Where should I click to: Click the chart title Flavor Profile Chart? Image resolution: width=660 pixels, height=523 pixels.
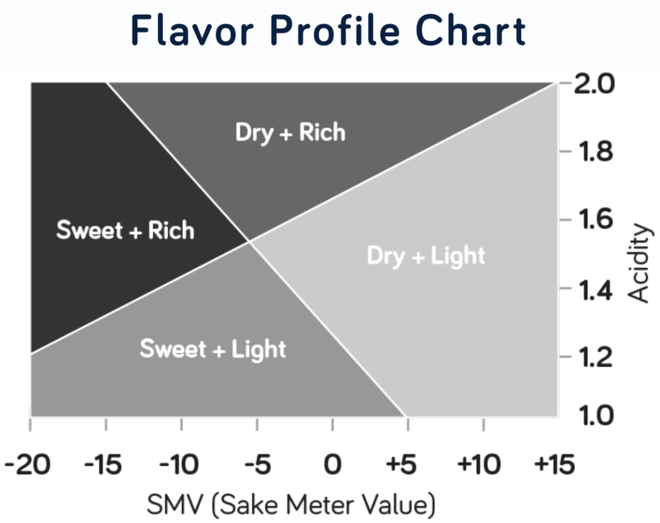click(x=329, y=31)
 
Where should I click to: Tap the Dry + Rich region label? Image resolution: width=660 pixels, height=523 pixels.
click(x=290, y=132)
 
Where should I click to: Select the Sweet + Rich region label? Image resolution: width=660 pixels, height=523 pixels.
click(x=125, y=230)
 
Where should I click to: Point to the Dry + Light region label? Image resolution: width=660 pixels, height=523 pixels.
click(x=426, y=255)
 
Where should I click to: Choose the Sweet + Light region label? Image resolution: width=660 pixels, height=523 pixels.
click(x=213, y=349)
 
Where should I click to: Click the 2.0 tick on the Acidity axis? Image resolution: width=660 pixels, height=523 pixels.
click(x=594, y=84)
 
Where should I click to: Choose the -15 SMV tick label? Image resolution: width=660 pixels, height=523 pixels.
click(x=104, y=464)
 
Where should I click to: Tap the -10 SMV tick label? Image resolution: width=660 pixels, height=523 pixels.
click(x=180, y=464)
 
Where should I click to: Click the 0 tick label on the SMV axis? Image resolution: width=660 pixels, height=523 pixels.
click(x=332, y=464)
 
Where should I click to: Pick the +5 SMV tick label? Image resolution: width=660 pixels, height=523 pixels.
click(x=406, y=464)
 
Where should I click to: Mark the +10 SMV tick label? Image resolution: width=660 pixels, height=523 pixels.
click(x=482, y=464)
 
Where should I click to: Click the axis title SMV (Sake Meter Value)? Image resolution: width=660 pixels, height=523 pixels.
click(x=291, y=504)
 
